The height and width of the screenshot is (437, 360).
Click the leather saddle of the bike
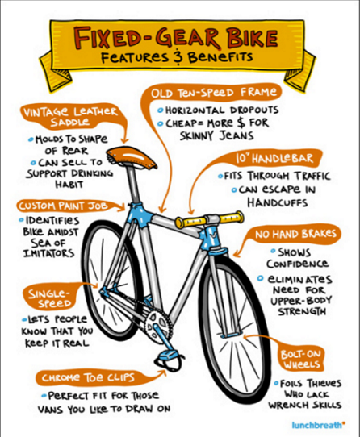[131, 158]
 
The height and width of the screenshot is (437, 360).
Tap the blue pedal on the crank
[168, 355]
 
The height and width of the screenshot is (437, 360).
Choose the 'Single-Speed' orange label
[50, 298]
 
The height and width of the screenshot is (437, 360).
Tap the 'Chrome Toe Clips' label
[88, 378]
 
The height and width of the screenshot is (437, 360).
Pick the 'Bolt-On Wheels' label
[301, 360]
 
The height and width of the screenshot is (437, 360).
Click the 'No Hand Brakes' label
[295, 234]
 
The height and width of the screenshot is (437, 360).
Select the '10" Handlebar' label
[274, 158]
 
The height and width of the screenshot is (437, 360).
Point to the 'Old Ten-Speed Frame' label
[214, 92]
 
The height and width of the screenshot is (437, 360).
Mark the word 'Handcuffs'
[278, 202]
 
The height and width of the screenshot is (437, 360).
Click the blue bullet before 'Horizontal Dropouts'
[160, 110]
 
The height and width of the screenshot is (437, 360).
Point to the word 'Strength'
[302, 311]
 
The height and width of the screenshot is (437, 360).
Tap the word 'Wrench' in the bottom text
[288, 405]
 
